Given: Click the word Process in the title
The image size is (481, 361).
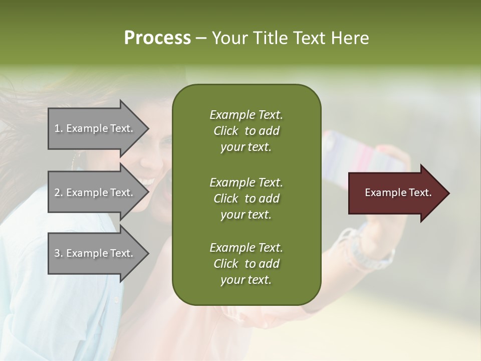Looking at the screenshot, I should [157, 38].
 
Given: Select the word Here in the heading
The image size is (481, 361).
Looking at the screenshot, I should [349, 38].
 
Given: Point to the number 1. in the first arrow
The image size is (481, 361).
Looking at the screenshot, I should [59, 128].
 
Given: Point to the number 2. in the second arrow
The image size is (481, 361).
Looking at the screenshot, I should [59, 193].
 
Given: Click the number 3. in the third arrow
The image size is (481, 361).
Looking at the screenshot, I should [59, 253].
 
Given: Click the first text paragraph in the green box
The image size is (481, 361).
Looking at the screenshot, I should [246, 131].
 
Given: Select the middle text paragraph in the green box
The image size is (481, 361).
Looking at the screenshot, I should [246, 198].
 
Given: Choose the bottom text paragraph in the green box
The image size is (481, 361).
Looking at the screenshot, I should [246, 264].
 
